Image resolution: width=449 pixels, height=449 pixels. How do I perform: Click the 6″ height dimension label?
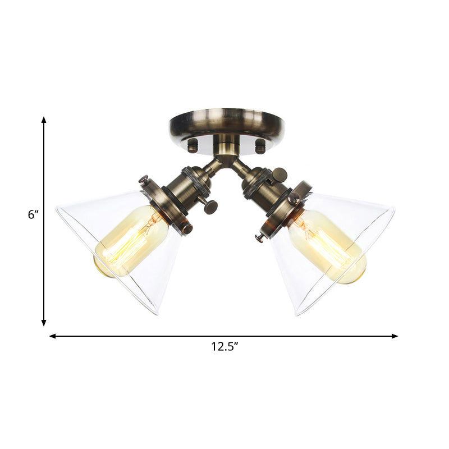click(33, 214)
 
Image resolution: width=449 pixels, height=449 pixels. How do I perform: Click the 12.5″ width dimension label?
click(224, 347)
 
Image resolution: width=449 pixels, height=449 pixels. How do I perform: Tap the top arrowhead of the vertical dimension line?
click(44, 120)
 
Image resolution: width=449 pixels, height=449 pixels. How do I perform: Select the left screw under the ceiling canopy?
click(193, 146)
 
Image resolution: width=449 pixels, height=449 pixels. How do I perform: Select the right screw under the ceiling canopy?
click(260, 146)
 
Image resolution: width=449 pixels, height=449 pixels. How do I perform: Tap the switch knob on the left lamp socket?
click(211, 207)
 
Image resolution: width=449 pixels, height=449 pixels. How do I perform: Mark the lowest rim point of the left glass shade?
click(155, 313)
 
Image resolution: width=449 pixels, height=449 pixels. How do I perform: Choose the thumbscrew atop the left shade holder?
click(144, 180)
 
